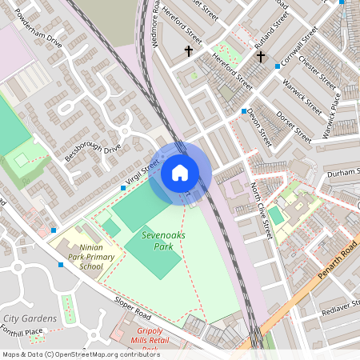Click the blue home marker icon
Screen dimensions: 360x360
click(180, 173)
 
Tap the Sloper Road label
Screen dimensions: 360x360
click(133, 308)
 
